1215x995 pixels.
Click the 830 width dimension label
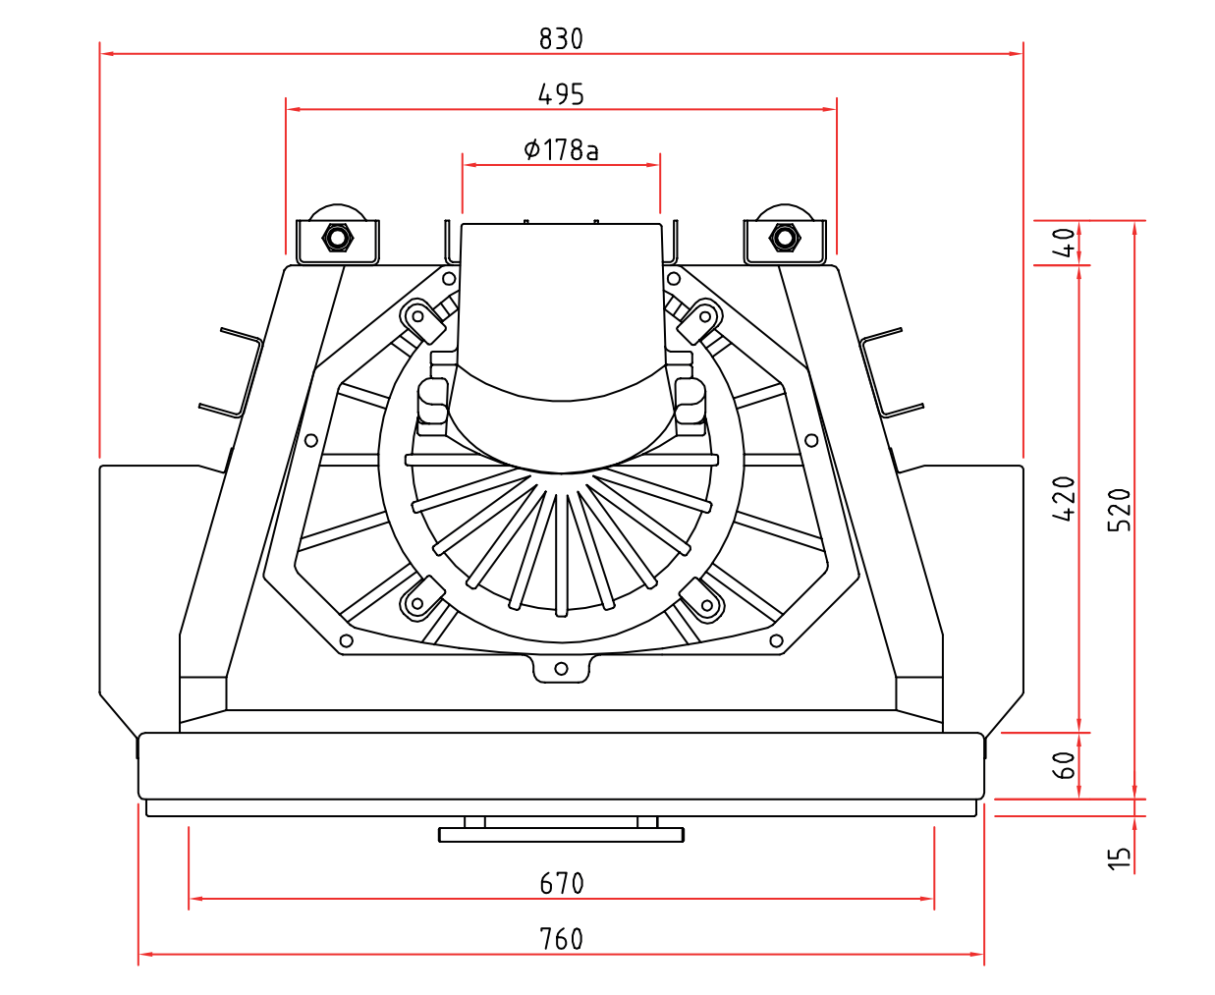pos(561,38)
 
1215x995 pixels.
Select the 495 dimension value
pos(561,94)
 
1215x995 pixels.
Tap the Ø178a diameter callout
pos(561,149)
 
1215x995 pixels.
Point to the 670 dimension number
pos(561,884)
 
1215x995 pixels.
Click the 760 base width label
pos(561,940)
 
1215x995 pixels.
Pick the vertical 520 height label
pos(1120,510)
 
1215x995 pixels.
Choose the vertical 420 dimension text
pos(1064,498)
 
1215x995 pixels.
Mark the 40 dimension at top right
pos(1064,242)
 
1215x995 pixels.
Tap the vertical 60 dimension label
pos(1064,765)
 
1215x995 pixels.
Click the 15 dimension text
pos(1120,858)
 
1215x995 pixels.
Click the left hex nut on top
pos(337,238)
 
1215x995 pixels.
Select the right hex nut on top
pos(783,238)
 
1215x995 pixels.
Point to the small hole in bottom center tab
pos(561,669)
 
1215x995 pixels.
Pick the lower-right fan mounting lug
pos(702,600)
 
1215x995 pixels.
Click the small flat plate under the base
pos(561,835)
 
